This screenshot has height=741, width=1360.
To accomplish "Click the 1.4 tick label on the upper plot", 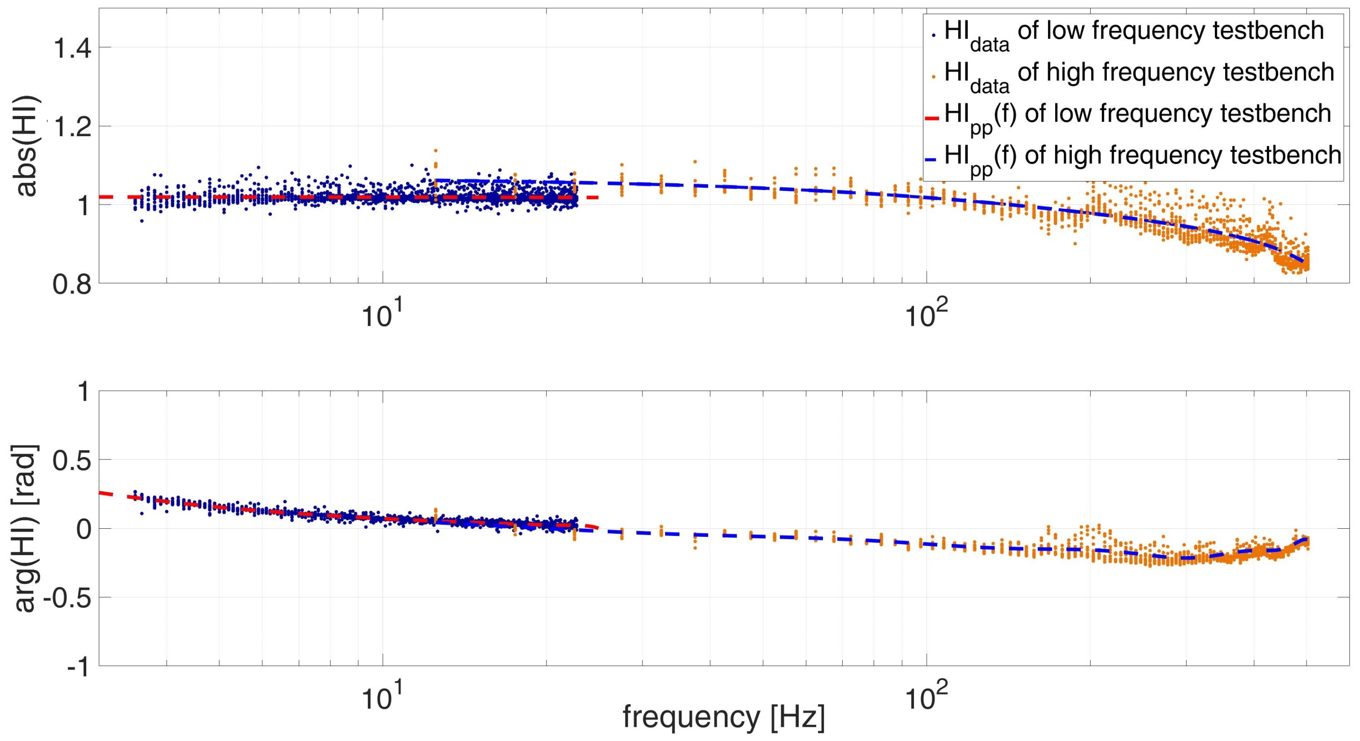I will click(71, 49).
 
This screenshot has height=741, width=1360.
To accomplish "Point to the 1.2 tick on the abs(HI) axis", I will click(71, 127).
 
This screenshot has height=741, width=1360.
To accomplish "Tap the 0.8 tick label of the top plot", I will click(71, 285).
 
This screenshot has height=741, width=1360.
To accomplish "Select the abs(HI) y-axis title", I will click(26, 145).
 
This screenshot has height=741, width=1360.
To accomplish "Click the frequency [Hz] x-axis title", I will click(723, 717).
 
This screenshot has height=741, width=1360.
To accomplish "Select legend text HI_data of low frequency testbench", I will click(1132, 33).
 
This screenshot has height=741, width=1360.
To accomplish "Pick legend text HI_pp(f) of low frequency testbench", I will click(1138, 116).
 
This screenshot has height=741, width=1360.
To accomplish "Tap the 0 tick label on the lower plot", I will click(83, 529).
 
